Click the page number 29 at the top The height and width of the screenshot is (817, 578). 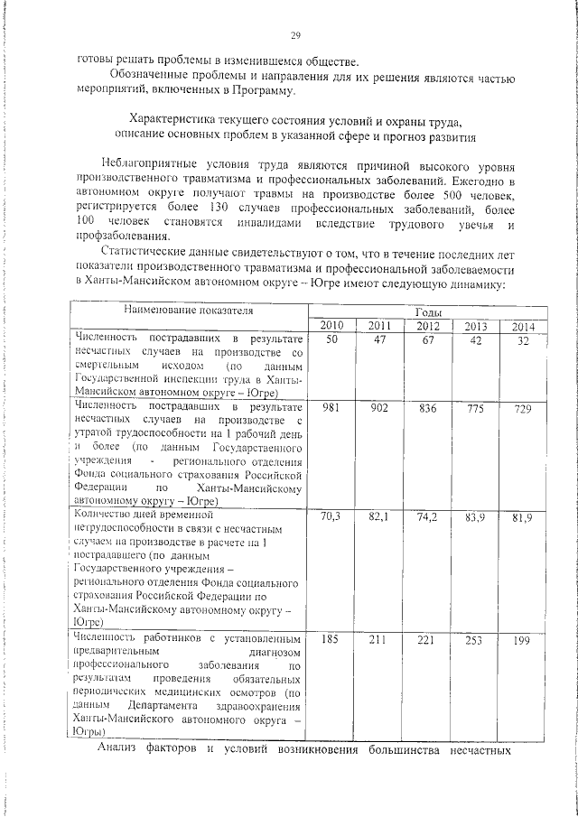coord(294,35)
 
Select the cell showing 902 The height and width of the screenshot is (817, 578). coord(379,408)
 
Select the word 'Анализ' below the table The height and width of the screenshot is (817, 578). coord(118,748)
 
